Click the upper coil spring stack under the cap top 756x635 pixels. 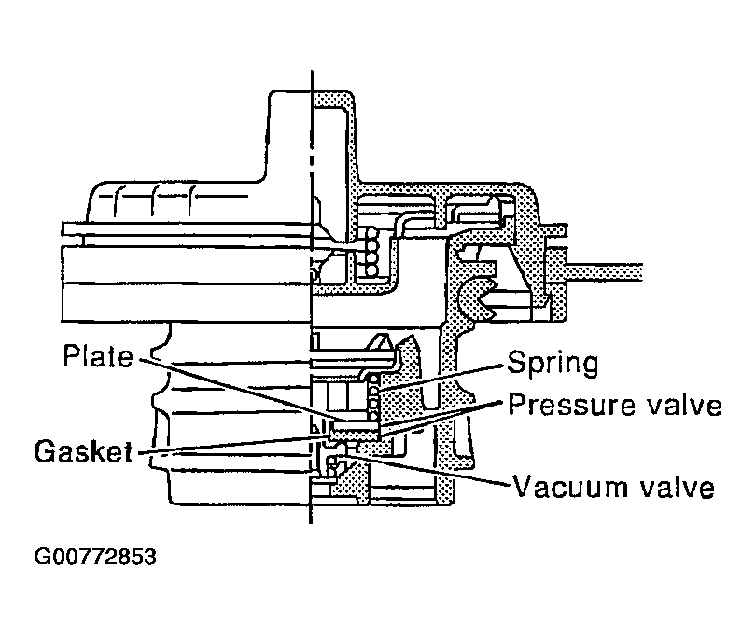[372, 252]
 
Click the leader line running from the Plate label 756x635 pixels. [233, 388]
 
